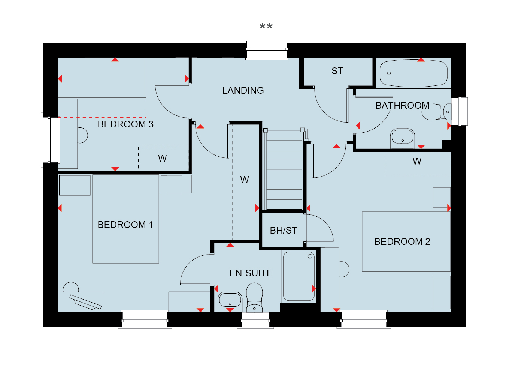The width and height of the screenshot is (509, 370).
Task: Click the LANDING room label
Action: pos(243,90)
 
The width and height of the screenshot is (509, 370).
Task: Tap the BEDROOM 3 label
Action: pos(125,124)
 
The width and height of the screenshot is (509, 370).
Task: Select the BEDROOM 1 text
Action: pos(125,225)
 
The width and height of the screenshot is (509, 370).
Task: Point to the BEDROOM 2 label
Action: pos(402,242)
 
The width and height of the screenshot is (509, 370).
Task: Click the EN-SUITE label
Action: pos(251,273)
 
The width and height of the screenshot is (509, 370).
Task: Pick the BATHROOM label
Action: pos(402,105)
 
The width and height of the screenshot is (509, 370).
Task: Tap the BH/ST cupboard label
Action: pos(284,231)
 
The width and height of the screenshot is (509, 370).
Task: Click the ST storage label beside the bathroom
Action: pos(337,71)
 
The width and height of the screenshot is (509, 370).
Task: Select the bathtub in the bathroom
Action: pos(413,73)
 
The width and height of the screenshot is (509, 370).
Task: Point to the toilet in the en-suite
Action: pos(255,297)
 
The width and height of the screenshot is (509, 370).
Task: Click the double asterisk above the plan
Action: pos(266,26)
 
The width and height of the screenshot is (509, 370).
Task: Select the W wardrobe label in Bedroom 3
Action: pos(163,159)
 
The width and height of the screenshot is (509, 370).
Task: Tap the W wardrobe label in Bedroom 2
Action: pos(417,162)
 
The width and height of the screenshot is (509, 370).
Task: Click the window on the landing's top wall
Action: pos(267,51)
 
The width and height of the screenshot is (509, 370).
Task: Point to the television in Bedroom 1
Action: pos(85,302)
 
